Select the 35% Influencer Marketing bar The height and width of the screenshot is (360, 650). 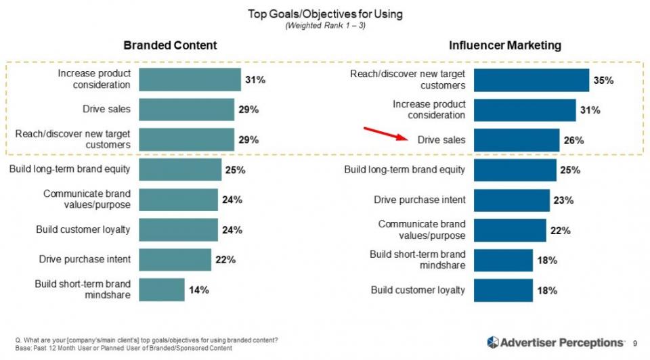(x=531, y=80)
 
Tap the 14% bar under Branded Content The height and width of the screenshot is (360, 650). (x=161, y=290)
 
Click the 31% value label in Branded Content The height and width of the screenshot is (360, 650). (x=255, y=80)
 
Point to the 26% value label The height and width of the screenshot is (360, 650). (x=573, y=140)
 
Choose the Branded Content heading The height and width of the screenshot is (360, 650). (x=170, y=45)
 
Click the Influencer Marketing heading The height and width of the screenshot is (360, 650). (x=505, y=45)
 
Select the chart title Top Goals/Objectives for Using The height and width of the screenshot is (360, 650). (x=324, y=14)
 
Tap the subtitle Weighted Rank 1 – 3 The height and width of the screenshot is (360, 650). (x=324, y=26)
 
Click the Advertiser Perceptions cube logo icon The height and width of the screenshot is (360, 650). (x=493, y=342)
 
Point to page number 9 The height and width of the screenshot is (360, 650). (x=634, y=343)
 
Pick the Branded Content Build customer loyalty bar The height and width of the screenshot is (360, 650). (x=178, y=229)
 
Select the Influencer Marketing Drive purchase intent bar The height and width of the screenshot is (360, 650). (x=511, y=200)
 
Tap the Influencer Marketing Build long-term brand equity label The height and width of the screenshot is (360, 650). (x=405, y=169)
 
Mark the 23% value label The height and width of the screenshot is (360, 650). (x=564, y=200)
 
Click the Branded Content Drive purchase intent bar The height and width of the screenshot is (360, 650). (x=175, y=259)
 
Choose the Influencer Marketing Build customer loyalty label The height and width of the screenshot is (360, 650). (x=418, y=290)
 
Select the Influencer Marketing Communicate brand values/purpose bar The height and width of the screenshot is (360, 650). (x=509, y=229)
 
